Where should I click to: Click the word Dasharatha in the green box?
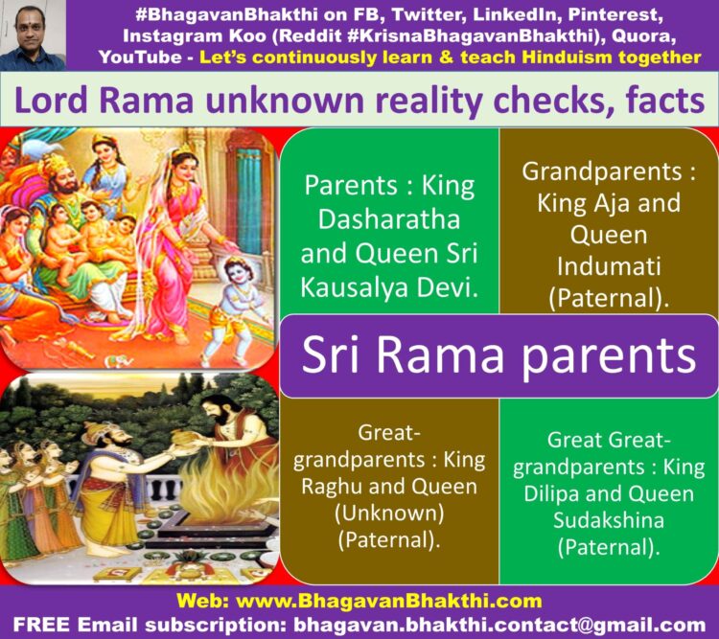(389, 219)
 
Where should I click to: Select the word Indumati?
(609, 266)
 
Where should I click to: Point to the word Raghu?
(331, 488)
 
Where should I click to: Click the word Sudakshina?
(609, 520)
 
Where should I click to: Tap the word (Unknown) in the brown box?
(389, 513)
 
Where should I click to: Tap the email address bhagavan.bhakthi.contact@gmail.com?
(499, 625)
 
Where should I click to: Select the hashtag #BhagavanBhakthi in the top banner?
(227, 14)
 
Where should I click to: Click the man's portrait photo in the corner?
(33, 35)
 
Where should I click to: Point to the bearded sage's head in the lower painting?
(218, 409)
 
